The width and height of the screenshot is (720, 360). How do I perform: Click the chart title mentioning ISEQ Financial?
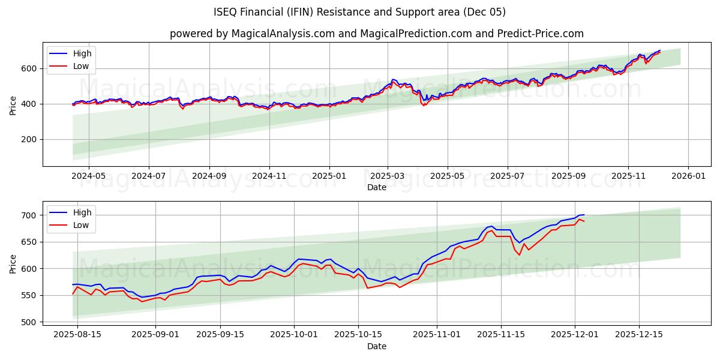pos(359,12)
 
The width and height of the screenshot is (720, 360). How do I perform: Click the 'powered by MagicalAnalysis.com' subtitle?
pos(376,34)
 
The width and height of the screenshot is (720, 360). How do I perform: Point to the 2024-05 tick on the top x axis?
pos(88,177)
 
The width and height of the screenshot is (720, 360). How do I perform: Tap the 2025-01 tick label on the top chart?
pos(329,177)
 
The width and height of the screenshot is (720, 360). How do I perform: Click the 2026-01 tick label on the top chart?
pos(688,177)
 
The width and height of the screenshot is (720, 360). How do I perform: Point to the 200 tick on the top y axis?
pos(28,139)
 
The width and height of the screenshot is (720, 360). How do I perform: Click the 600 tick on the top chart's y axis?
pos(28,68)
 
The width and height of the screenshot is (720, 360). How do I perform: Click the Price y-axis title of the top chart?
pos(13,104)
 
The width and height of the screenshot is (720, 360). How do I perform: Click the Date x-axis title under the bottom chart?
pos(376,346)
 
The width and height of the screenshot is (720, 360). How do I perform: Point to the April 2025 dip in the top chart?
pos(424,104)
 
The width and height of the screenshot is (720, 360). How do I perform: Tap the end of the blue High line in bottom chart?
pos(584,215)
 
